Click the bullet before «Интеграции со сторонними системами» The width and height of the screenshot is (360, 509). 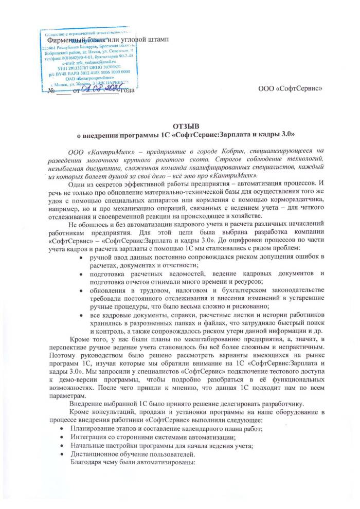62,438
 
